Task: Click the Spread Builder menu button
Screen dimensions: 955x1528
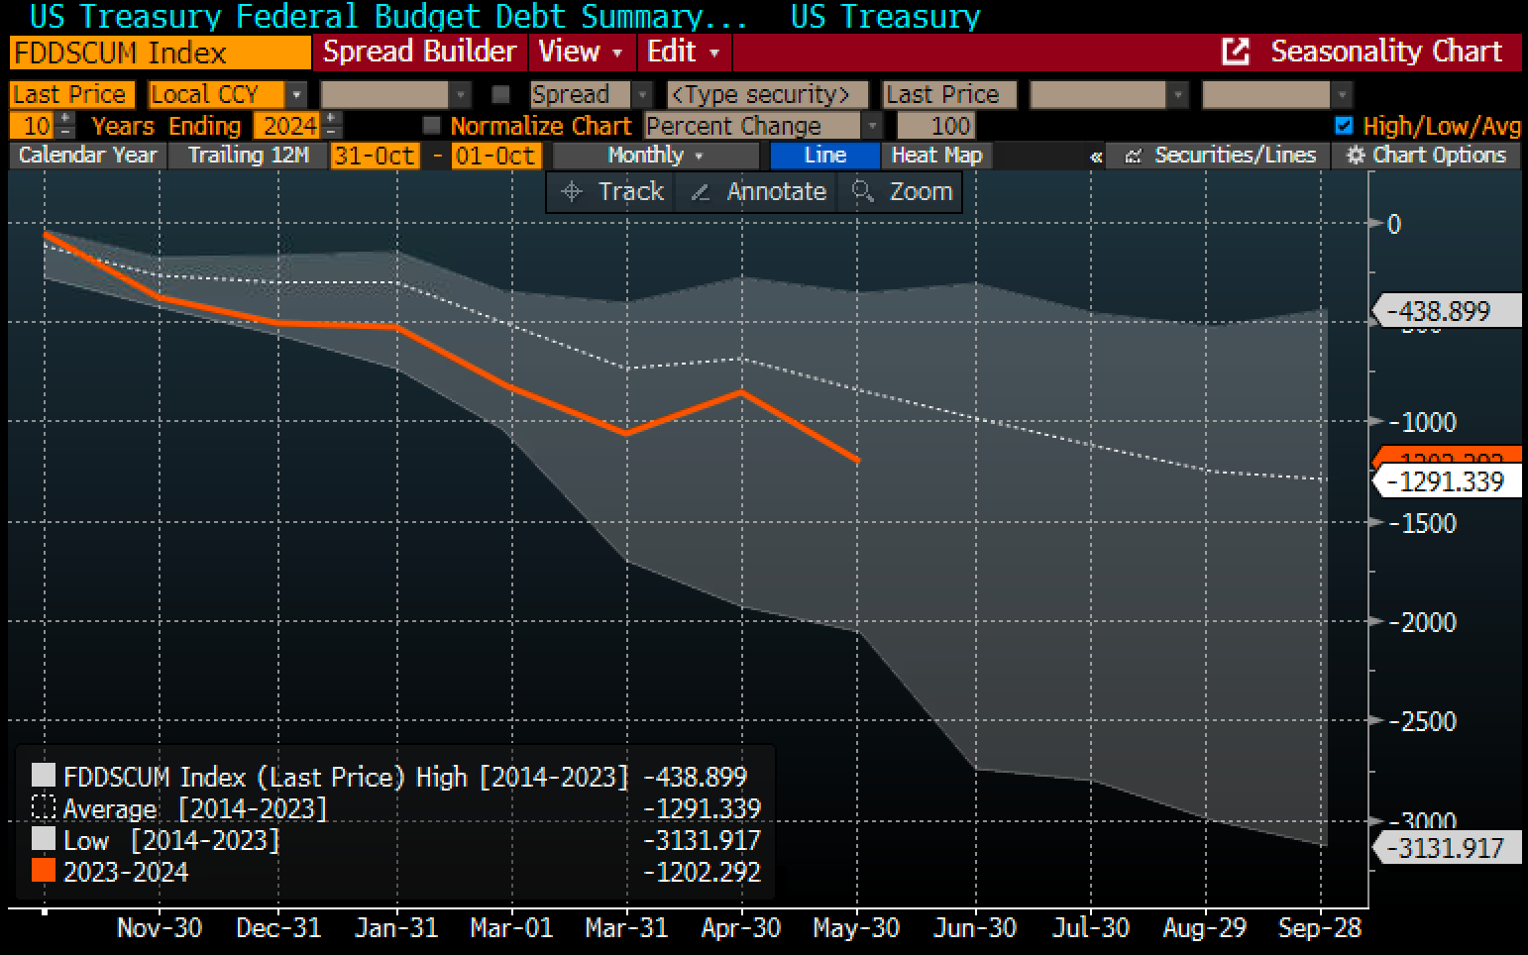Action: [x=419, y=52]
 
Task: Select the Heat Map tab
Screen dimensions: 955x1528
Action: [x=935, y=156]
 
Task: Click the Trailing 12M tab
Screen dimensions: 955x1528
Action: [x=248, y=156]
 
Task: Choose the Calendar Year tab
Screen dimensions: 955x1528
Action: [x=87, y=156]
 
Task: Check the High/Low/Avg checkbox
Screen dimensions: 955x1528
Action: [x=1344, y=126]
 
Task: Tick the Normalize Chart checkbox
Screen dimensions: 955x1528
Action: [x=431, y=126]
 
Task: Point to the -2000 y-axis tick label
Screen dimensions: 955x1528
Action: [x=1422, y=622]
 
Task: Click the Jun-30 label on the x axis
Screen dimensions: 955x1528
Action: [x=975, y=928]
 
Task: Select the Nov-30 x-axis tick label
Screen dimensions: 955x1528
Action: [x=160, y=928]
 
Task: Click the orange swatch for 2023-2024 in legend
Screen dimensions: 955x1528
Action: [x=44, y=872]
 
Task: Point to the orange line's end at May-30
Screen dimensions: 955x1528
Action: [x=857, y=460]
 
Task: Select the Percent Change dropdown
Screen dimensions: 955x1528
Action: [x=762, y=126]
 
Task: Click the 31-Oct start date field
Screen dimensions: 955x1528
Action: [x=374, y=156]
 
